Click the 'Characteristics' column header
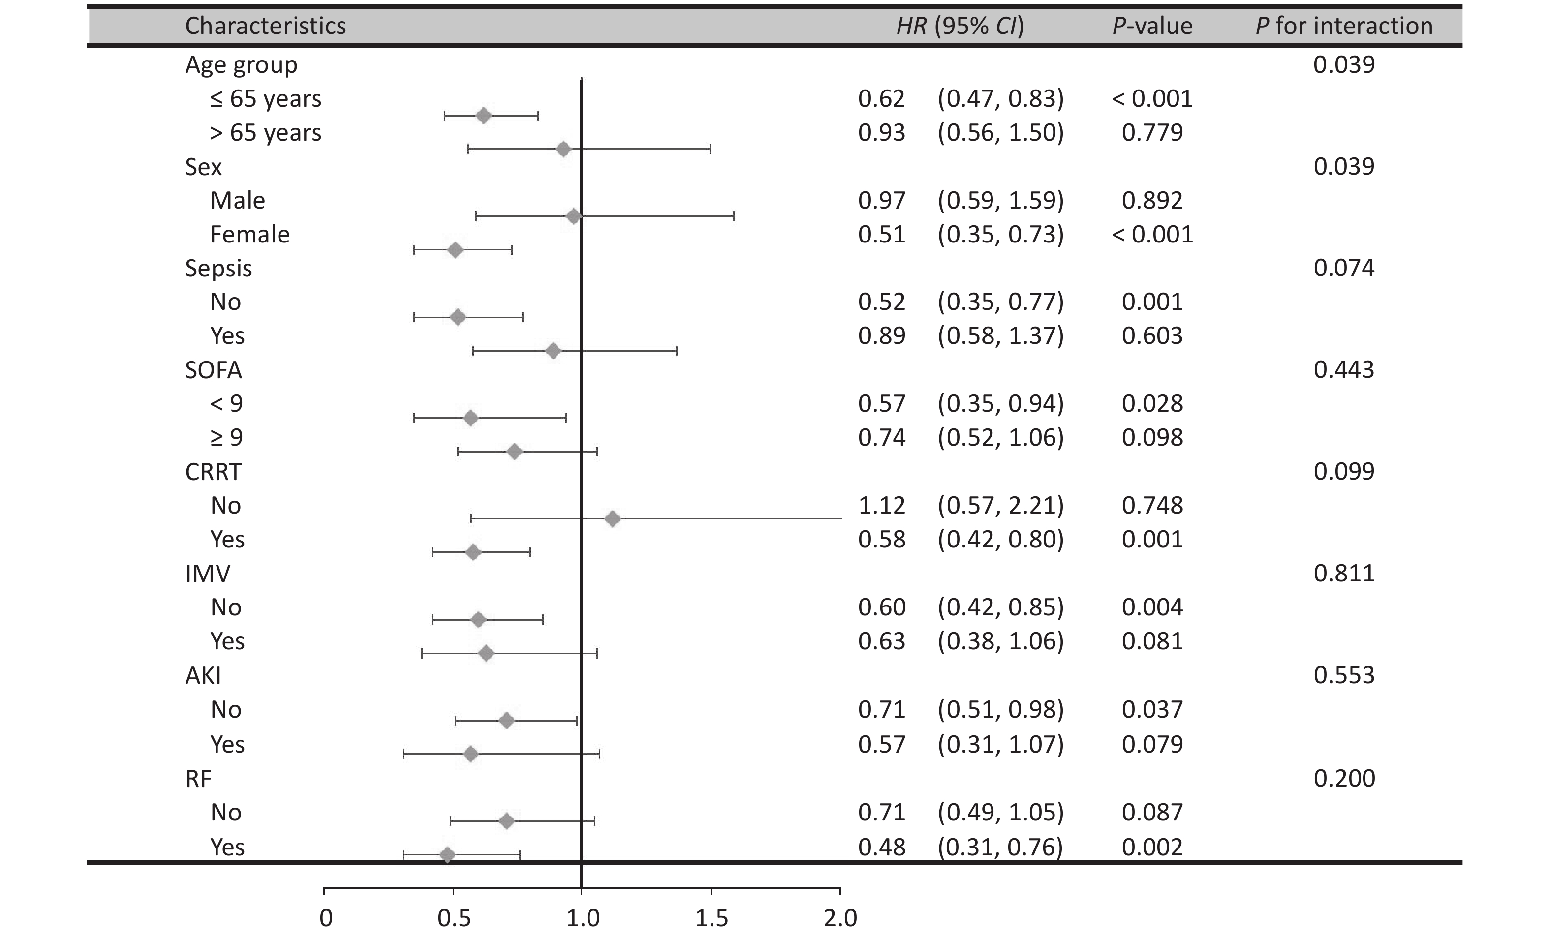click(x=265, y=26)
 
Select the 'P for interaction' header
click(x=1344, y=26)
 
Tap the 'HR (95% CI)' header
click(x=960, y=26)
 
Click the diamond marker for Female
click(x=455, y=250)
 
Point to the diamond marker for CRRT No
click(x=612, y=519)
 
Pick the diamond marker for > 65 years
click(x=563, y=149)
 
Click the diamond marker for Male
click(x=574, y=217)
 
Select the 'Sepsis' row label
click(x=218, y=268)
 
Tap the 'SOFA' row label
click(x=213, y=370)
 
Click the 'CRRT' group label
click(x=213, y=472)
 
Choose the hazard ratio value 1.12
click(x=881, y=505)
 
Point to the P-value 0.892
click(x=1152, y=200)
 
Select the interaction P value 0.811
click(x=1344, y=573)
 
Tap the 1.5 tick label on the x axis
click(x=712, y=918)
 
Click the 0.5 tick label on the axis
click(x=454, y=918)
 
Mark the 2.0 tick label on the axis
click(x=840, y=918)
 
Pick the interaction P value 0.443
click(x=1344, y=369)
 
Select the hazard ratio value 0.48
click(x=881, y=847)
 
